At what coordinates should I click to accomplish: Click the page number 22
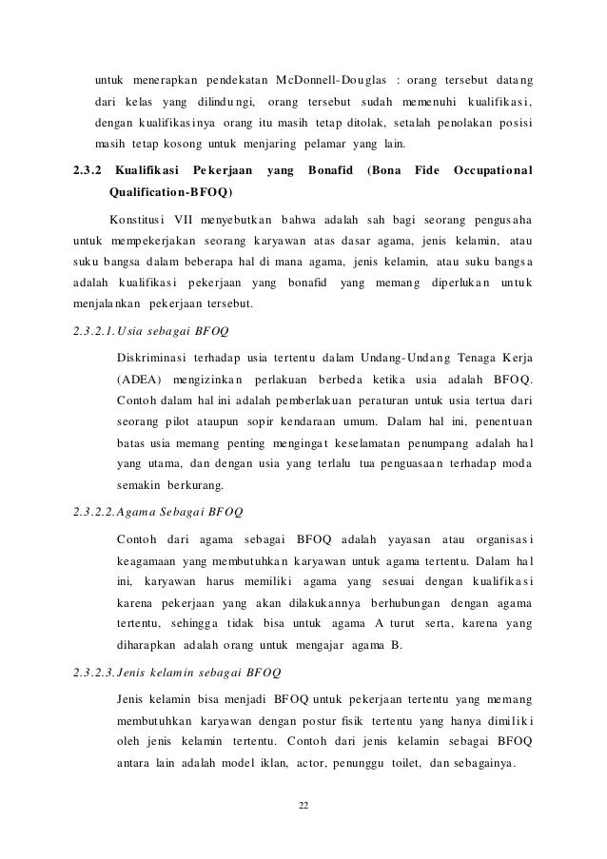pyautogui.click(x=303, y=807)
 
